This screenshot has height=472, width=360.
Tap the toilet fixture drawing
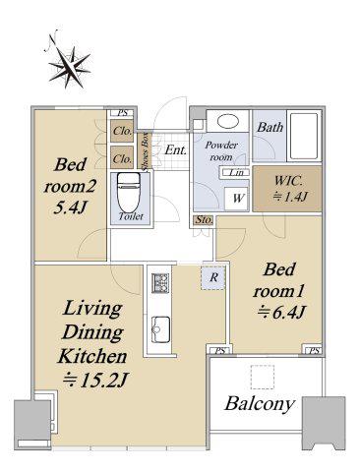pos(129,193)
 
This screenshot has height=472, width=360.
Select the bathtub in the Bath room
pos(304,136)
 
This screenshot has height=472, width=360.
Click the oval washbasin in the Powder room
pos(227,121)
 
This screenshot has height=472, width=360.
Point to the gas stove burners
pos(160,283)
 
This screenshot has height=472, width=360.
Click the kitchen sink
pos(160,329)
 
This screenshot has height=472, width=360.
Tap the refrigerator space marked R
pos(213,277)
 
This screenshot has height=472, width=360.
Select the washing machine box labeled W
pos(237,198)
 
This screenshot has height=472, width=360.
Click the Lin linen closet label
pos(236,172)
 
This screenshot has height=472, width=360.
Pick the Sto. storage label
pos(204,219)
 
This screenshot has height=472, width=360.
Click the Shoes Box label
pos(145,151)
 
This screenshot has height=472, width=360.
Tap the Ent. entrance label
pos(175,149)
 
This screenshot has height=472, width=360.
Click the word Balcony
pos(259,404)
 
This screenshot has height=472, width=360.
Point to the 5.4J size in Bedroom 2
pos(70,207)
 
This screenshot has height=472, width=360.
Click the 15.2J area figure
pos(95,381)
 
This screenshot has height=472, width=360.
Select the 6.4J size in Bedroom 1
pos(281,312)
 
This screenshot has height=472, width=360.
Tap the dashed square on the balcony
pos(262,377)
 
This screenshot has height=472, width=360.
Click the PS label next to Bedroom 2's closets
pos(122,113)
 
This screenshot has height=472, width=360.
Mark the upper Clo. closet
pos(122,131)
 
